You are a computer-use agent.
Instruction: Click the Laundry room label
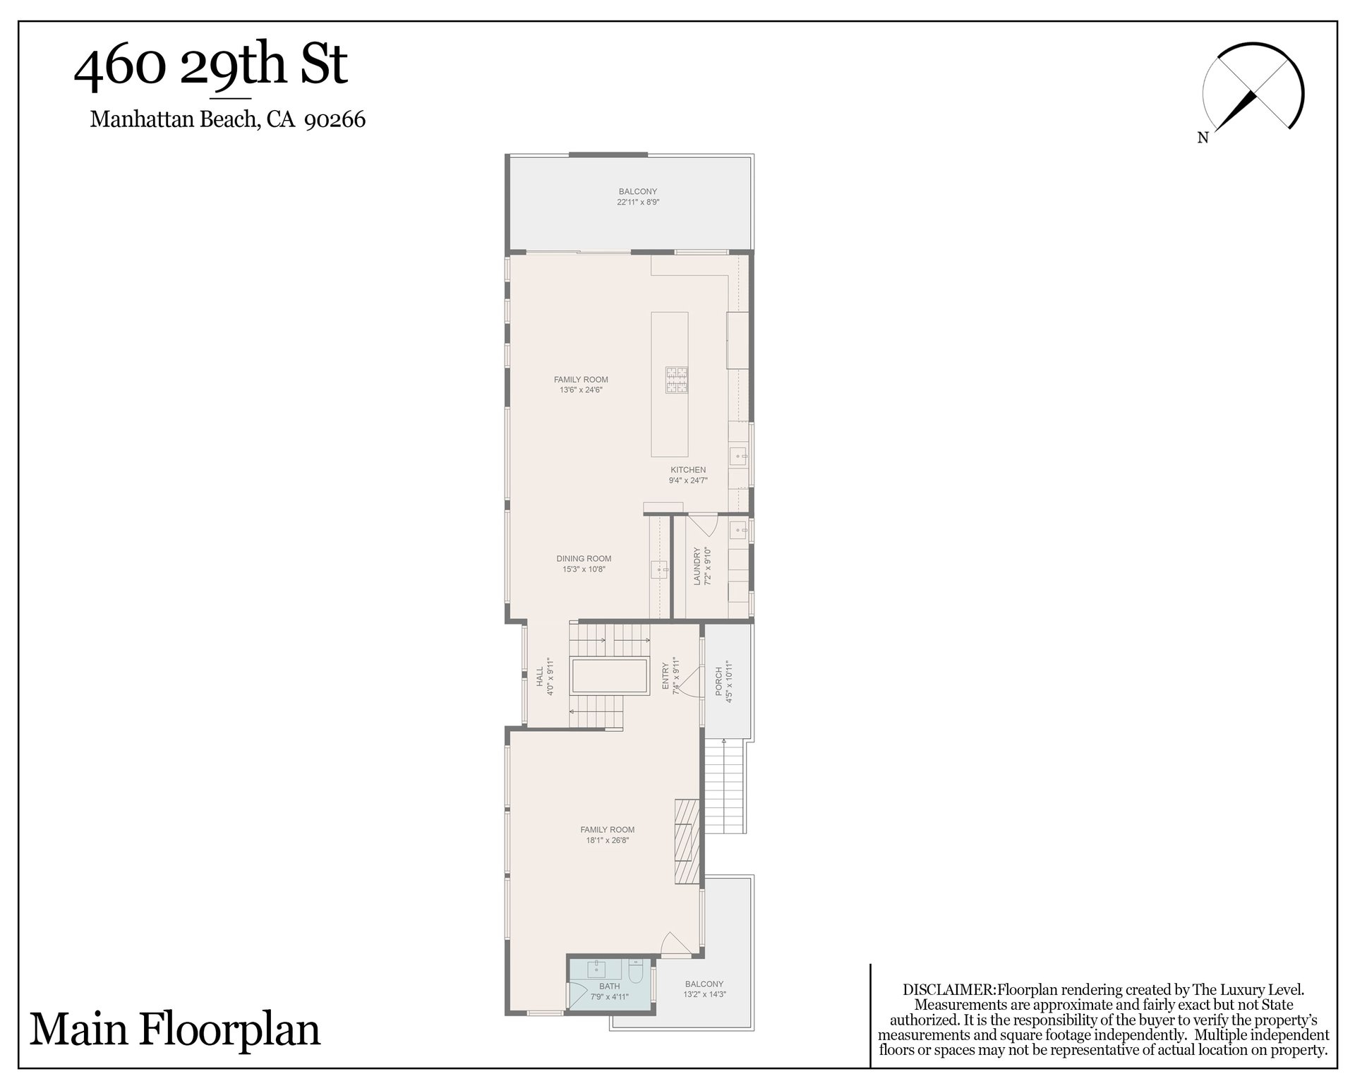click(x=697, y=566)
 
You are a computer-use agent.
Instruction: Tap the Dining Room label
click(x=584, y=559)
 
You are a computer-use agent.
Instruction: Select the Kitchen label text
click(x=688, y=470)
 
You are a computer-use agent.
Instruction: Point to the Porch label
click(x=719, y=682)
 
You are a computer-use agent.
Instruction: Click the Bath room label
click(x=610, y=987)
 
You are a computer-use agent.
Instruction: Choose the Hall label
click(x=540, y=677)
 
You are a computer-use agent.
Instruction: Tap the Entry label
click(x=665, y=676)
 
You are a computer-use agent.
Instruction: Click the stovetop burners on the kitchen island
click(x=676, y=380)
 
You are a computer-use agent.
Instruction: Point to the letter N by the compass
click(x=1203, y=138)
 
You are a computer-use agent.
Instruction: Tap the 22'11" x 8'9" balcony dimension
click(x=638, y=202)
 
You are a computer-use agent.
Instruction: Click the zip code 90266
click(x=335, y=119)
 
